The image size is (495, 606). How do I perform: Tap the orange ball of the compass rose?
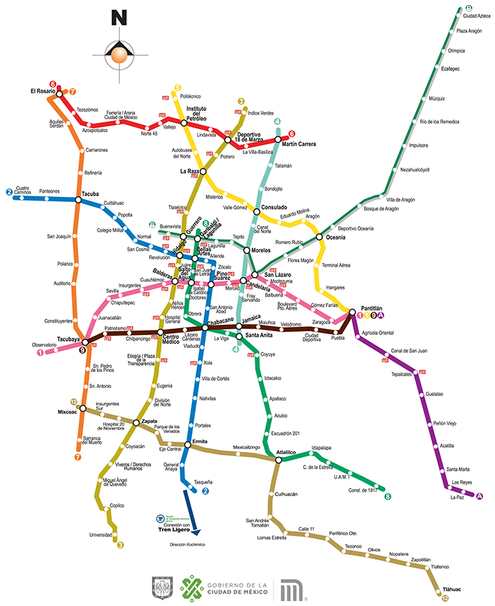(118, 52)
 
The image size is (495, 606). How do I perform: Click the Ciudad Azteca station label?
(477, 16)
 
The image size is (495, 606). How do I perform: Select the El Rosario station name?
(43, 91)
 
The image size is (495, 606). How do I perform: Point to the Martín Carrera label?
(299, 144)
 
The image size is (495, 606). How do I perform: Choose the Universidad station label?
(101, 535)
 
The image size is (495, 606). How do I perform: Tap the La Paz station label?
(457, 498)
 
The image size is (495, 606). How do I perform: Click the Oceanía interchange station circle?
(319, 237)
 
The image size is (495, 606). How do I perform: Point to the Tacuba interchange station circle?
(77, 199)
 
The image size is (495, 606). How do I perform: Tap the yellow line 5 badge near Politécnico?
(177, 89)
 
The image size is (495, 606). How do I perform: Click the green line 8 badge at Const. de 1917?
(387, 497)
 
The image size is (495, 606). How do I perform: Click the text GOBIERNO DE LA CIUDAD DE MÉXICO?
(238, 589)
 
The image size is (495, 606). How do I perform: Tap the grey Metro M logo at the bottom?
(292, 589)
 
